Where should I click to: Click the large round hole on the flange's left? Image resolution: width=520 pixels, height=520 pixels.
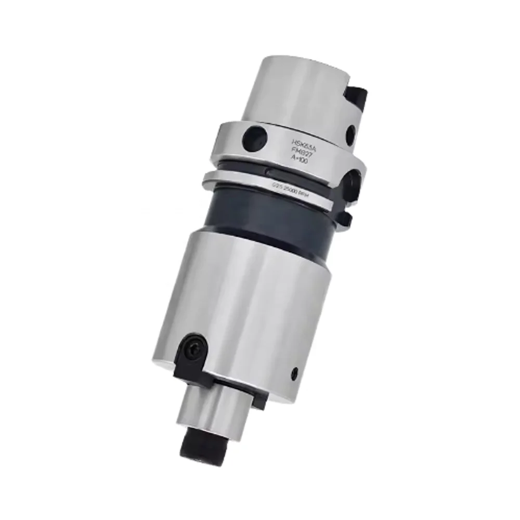coord(255,136)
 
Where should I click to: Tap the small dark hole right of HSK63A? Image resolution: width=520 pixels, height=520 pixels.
coord(350,135)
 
